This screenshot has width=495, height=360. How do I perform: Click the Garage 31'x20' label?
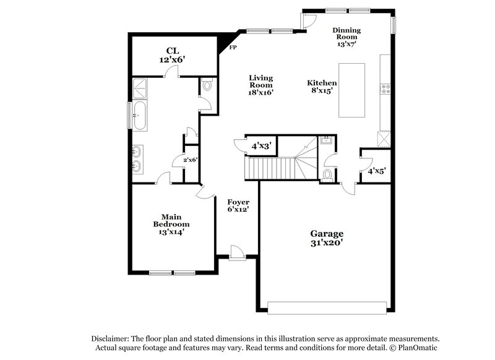326,238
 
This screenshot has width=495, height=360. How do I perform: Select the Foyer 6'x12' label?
238,206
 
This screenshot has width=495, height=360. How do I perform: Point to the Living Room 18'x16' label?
261,85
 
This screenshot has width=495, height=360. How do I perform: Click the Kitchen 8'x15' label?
322,86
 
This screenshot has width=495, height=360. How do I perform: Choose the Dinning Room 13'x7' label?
346,37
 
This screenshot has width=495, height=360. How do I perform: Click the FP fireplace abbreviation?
233,48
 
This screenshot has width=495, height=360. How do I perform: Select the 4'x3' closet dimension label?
260,147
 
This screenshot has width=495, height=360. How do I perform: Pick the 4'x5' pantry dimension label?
376,171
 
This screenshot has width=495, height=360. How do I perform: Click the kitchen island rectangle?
351,90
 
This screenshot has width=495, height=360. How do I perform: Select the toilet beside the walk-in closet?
207,85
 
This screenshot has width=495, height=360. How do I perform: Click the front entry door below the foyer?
236,253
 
